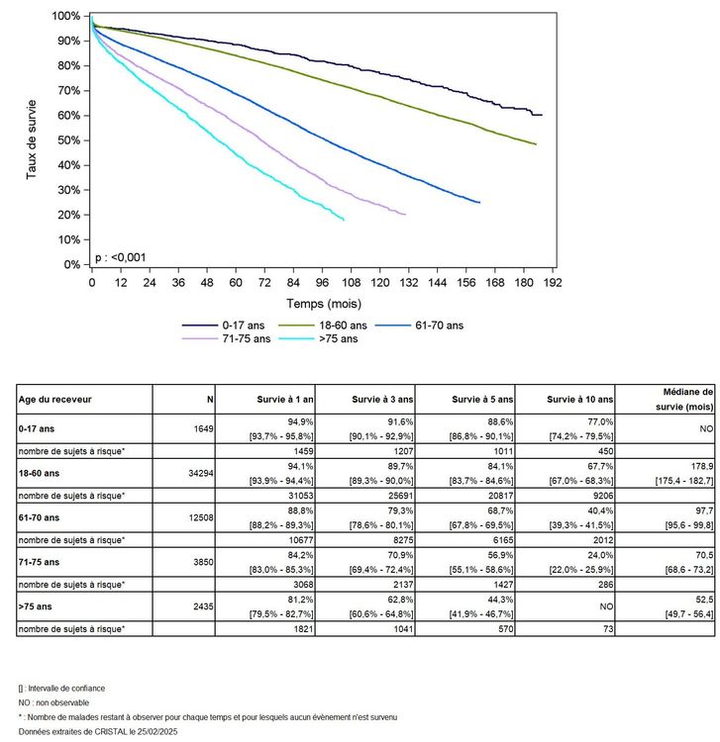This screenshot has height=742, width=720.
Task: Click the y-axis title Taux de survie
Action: coord(32,139)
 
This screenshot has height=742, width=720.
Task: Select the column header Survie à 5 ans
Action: coord(482,399)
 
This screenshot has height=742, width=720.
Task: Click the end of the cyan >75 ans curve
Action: coord(344,220)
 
